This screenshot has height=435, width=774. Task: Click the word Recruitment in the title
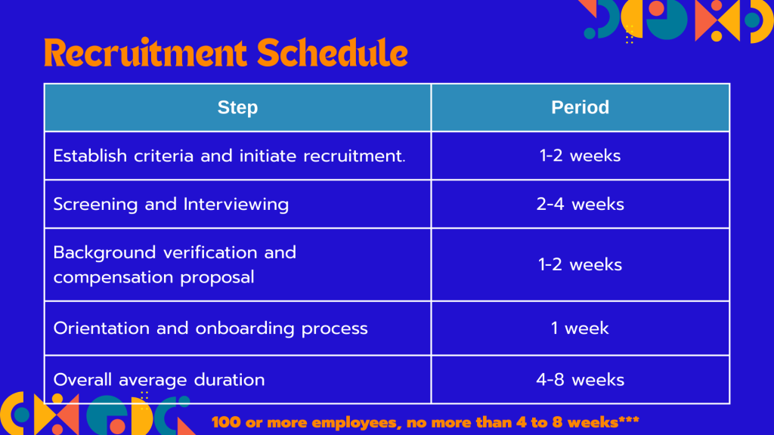coord(145,53)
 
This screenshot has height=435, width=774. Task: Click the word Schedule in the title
coord(333,53)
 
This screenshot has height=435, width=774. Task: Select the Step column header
coord(237,107)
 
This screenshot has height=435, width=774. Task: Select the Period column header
coord(580,107)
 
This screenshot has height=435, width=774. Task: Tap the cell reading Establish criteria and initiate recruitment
coord(237,156)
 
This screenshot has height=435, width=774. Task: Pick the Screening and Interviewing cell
coord(237,204)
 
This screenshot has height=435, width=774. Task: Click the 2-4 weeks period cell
coord(580,204)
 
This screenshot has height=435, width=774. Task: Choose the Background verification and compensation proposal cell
coord(237,265)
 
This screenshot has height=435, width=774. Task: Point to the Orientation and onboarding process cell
coord(237,329)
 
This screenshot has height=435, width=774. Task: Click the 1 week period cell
coord(580,329)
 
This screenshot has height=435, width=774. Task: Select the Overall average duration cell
coord(237,380)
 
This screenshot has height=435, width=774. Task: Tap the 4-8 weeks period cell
coord(580,380)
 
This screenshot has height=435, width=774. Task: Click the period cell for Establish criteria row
coord(580,156)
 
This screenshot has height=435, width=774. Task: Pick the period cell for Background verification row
coord(580,265)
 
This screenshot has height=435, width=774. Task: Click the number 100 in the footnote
coord(226,423)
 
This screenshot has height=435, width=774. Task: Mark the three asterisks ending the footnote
coord(629,420)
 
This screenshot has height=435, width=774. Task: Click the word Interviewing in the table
coord(236,205)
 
